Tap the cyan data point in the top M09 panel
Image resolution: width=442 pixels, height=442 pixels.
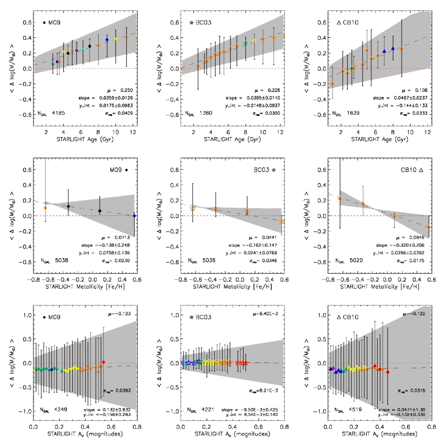pos(83,50)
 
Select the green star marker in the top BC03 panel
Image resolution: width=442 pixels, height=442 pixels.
pos(246,43)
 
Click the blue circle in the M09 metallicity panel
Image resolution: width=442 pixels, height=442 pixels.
pos(135,216)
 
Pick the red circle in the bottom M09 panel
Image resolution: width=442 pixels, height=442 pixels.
pos(103,362)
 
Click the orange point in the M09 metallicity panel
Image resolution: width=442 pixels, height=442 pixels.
pos(45,208)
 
